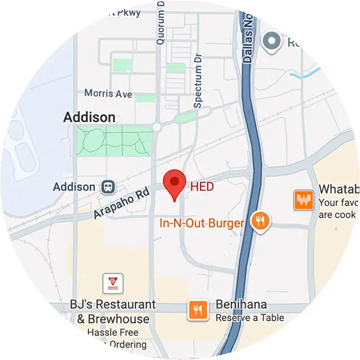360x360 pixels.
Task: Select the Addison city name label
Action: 89,118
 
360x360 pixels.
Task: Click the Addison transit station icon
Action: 106,187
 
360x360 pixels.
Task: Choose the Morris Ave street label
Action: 108,93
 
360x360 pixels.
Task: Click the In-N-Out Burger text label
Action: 202,223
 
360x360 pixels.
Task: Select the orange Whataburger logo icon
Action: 303,200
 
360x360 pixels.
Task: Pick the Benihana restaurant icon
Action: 197,309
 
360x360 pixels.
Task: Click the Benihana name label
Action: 241,305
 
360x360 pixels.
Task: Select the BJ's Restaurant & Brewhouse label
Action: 112,312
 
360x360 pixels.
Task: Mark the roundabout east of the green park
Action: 157,128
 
